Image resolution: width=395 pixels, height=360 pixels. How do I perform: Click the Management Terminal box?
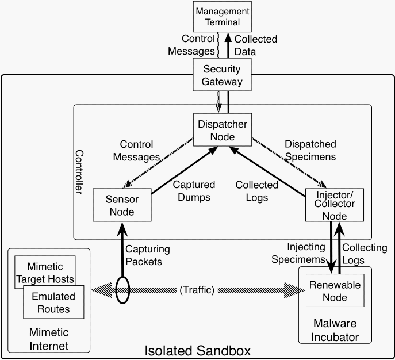223,17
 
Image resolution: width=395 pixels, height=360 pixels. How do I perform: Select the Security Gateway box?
223,75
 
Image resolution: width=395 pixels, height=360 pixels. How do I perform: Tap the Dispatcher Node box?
223,130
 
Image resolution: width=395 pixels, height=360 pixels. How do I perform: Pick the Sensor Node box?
122,205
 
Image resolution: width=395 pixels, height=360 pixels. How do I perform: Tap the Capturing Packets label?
148,256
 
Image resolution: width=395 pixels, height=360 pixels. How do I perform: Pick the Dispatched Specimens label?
310,150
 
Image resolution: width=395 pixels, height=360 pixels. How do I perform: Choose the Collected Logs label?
256,191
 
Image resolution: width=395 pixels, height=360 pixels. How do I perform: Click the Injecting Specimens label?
307,252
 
